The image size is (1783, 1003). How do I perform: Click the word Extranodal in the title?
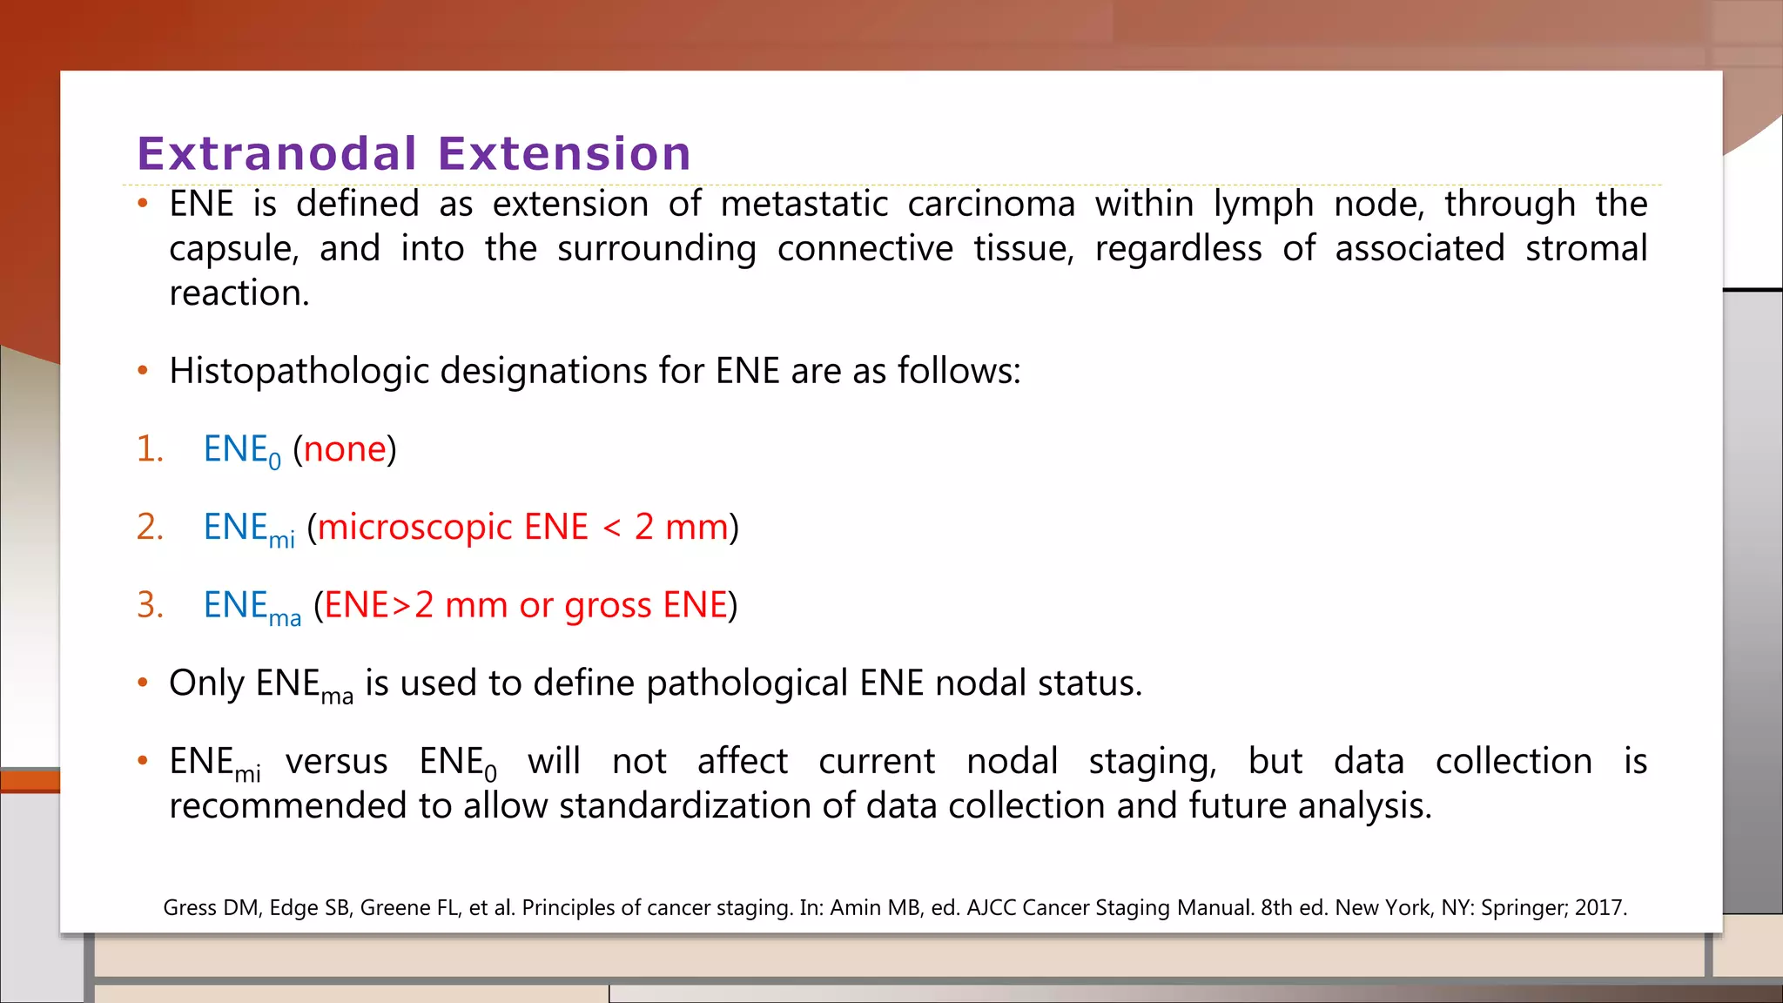[x=277, y=154]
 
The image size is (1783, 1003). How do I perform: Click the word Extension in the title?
[x=564, y=154]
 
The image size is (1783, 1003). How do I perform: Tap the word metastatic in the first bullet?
[x=804, y=205]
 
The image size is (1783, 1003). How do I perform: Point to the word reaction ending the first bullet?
[x=239, y=293]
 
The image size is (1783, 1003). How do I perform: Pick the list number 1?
[x=149, y=449]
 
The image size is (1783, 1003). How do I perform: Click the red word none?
[x=344, y=449]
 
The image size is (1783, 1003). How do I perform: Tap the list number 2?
[x=149, y=528]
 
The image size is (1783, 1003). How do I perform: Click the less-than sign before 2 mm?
[x=612, y=528]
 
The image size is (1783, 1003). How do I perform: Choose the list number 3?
[x=149, y=605]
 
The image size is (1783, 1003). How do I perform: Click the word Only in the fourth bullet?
[x=206, y=683]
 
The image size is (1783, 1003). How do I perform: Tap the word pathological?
[x=746, y=683]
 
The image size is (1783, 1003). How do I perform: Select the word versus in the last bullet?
[x=336, y=762]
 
